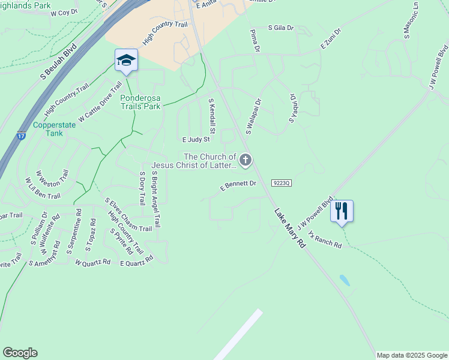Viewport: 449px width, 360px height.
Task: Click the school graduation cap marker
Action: [126, 61]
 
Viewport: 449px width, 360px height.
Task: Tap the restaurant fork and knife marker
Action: [342, 211]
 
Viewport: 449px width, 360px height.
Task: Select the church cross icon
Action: [245, 160]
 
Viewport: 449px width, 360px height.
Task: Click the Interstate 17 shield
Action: [22, 137]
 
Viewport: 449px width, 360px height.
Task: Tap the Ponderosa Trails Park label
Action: [140, 102]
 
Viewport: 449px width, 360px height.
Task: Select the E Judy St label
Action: [196, 139]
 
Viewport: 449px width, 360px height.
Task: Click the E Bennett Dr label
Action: [238, 186]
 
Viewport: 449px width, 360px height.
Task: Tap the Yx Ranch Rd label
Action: [324, 239]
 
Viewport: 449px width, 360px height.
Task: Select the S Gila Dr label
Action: [281, 28]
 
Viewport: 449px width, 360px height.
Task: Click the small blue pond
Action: [345, 280]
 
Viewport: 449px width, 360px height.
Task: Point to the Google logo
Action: [20, 353]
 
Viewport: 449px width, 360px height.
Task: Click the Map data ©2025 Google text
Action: [411, 355]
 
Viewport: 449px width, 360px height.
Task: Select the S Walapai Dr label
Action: [253, 116]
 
